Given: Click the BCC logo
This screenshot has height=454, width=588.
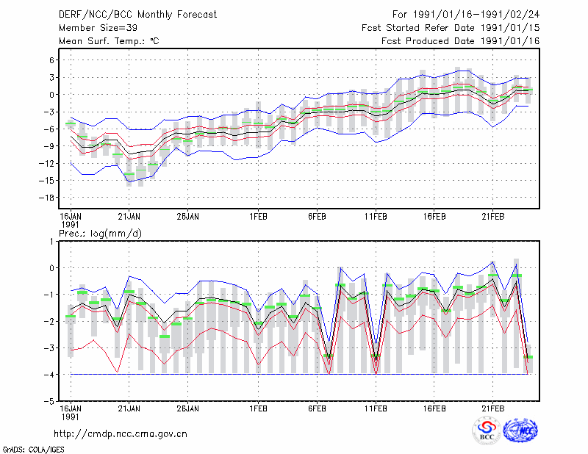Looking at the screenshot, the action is pyautogui.click(x=487, y=431).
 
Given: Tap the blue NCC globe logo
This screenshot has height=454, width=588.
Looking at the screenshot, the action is pyautogui.click(x=520, y=430).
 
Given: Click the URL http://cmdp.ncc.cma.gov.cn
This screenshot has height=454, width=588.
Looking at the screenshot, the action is pyautogui.click(x=121, y=434).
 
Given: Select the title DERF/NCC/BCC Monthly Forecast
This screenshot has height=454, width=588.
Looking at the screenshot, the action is pyautogui.click(x=137, y=15).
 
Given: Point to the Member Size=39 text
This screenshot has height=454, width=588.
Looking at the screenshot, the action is pyautogui.click(x=98, y=28).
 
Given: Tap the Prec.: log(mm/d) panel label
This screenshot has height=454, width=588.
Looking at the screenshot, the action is pyautogui.click(x=100, y=234).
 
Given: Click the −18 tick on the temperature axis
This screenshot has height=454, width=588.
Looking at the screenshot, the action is pyautogui.click(x=46, y=198).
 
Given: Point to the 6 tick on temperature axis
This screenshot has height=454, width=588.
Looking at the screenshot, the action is pyautogui.click(x=51, y=60).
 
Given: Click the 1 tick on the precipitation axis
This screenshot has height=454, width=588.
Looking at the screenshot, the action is pyautogui.click(x=51, y=242).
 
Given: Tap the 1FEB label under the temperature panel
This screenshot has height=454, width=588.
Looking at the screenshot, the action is pyautogui.click(x=258, y=217).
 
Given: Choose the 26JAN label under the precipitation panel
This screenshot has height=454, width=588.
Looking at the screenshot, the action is pyautogui.click(x=188, y=408).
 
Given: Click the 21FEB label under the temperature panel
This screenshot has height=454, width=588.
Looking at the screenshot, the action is pyautogui.click(x=492, y=217).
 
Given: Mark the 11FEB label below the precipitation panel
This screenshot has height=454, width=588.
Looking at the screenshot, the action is pyautogui.click(x=376, y=408).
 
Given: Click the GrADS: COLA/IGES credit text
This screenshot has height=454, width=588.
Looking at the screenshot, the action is pyautogui.click(x=33, y=450).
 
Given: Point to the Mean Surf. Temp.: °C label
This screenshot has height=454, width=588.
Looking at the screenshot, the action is pyautogui.click(x=109, y=41).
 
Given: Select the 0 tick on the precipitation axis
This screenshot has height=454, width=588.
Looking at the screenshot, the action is pyautogui.click(x=51, y=268).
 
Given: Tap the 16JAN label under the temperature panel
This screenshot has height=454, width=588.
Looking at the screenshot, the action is pyautogui.click(x=71, y=217).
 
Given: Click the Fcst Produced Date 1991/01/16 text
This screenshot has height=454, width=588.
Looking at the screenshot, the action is pyautogui.click(x=461, y=41).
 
